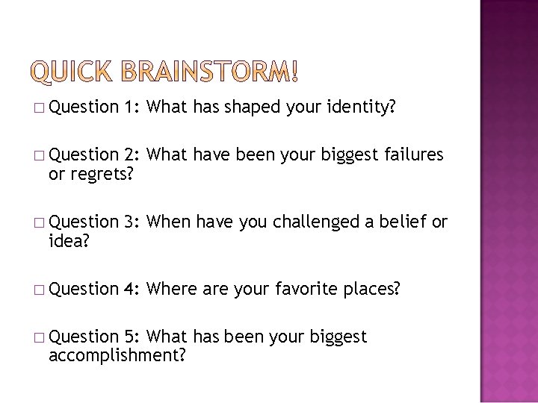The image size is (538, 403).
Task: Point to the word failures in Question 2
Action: [x=413, y=156]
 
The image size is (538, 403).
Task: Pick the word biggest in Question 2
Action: [x=350, y=156]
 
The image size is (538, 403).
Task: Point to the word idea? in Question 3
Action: [x=68, y=240]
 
